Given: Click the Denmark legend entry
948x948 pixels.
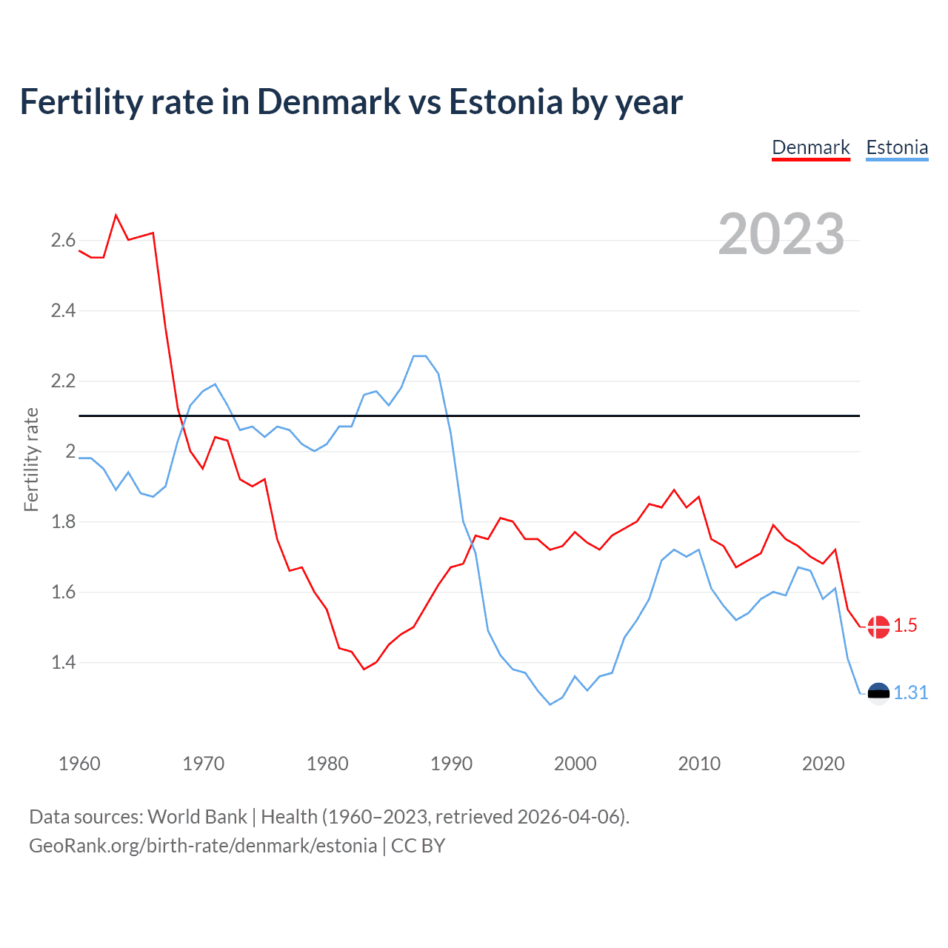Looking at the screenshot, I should click(811, 147).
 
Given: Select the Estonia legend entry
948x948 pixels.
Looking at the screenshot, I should click(897, 147).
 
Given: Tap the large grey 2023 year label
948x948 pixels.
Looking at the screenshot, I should click(781, 234).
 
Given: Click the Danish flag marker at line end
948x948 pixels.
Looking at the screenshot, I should click(878, 627).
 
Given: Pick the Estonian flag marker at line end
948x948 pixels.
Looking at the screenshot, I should click(878, 693).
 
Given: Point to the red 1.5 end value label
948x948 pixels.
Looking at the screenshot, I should click(905, 626).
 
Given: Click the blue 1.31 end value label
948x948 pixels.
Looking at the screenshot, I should click(910, 692).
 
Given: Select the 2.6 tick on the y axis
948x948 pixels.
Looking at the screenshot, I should click(63, 240).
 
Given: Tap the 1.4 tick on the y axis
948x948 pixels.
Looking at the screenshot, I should click(63, 662).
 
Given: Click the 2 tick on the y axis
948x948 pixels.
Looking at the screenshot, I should click(71, 451).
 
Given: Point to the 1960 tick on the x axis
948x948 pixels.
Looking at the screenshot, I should click(79, 764).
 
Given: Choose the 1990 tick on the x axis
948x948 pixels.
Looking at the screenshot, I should click(451, 764).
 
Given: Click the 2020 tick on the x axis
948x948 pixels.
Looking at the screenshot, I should click(823, 764).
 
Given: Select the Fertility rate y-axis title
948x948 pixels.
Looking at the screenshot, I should click(31, 459).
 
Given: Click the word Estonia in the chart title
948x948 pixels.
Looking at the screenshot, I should click(506, 102).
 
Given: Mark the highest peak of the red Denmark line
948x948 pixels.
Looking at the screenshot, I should click(116, 216).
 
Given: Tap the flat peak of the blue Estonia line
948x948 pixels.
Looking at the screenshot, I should click(420, 356).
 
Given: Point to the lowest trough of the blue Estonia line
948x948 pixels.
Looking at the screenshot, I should click(550, 704).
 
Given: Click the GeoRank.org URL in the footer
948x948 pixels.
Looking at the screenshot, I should click(203, 846).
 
